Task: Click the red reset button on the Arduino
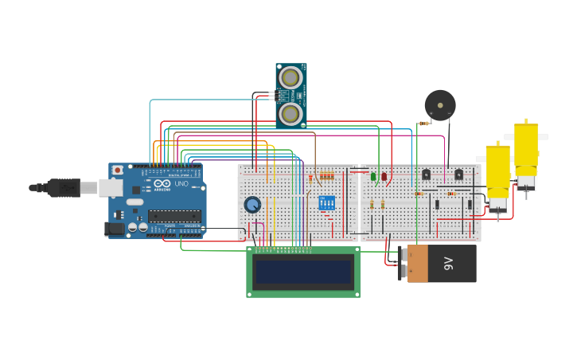[118, 170]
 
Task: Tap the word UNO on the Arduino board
[181, 183]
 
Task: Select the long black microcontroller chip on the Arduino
[174, 215]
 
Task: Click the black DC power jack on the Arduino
[115, 229]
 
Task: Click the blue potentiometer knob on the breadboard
[252, 205]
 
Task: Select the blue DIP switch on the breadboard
[326, 202]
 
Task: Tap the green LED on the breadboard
[373, 176]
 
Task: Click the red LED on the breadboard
[384, 176]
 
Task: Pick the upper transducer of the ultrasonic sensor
[290, 77]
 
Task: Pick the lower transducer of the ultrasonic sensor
[290, 114]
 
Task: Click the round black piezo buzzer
[440, 105]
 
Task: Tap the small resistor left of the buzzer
[424, 124]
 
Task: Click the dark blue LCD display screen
[302, 272]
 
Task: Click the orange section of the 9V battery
[419, 264]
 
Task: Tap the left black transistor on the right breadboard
[426, 175]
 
